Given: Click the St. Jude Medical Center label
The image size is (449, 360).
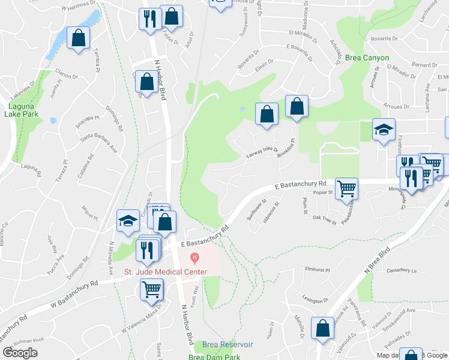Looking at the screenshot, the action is point(166,272).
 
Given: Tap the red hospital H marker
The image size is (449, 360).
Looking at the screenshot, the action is point(194,259).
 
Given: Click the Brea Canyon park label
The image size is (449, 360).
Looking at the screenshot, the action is point(367,58).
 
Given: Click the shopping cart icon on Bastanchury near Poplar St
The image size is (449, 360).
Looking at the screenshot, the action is point(346,188).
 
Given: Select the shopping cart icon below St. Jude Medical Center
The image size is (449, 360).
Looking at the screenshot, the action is point(151,289).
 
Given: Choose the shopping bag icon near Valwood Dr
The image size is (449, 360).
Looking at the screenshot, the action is point(322,328).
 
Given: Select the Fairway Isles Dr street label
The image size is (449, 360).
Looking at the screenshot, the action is point(262,154).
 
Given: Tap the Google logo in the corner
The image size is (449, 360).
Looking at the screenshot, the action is point(20,352).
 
